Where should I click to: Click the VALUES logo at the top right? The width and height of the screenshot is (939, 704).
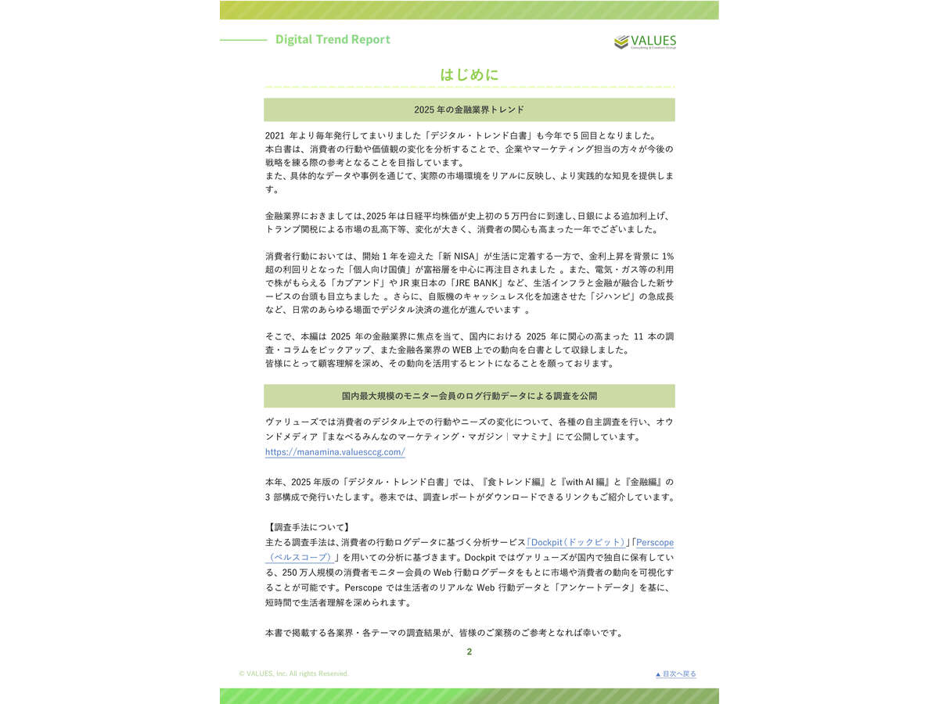tap(645, 41)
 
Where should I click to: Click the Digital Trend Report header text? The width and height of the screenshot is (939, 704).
tap(333, 39)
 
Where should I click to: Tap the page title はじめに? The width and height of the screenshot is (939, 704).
tap(469, 74)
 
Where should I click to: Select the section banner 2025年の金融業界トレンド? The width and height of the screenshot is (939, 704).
tap(469, 110)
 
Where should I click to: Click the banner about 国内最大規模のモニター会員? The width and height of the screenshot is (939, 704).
tap(469, 396)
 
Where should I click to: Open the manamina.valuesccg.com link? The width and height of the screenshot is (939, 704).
tap(335, 452)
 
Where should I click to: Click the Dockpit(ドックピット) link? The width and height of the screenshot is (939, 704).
tap(578, 542)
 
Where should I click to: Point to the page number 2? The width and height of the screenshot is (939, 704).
tap(469, 652)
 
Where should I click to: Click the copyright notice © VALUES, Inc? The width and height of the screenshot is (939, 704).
tap(294, 673)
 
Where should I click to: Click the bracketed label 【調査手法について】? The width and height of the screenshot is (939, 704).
tap(308, 527)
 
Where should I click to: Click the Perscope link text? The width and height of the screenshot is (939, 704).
tap(654, 542)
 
